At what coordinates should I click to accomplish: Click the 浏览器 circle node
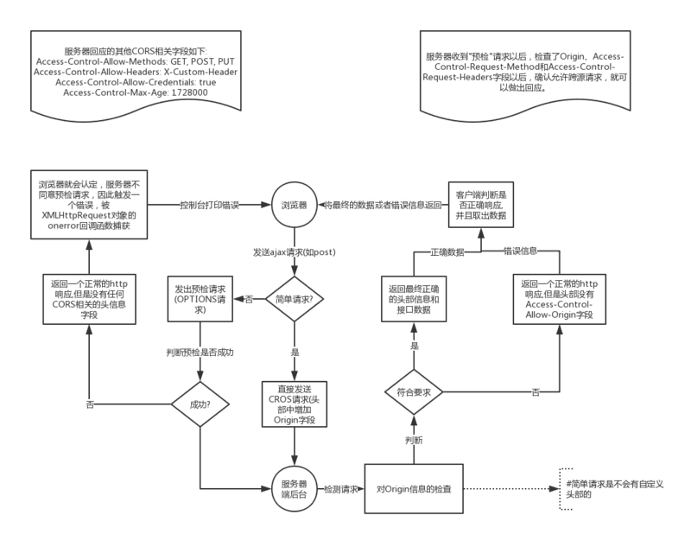pyautogui.click(x=295, y=206)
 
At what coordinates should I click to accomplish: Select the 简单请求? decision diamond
pyautogui.click(x=295, y=299)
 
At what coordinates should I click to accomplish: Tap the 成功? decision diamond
pyautogui.click(x=200, y=404)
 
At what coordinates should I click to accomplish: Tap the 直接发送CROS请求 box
pyautogui.click(x=295, y=404)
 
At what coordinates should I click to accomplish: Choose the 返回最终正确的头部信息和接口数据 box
pyautogui.click(x=414, y=298)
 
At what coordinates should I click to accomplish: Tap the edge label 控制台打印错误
pyautogui.click(x=208, y=206)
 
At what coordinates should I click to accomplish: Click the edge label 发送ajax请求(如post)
pyautogui.click(x=295, y=252)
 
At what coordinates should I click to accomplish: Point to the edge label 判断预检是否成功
pyautogui.click(x=200, y=353)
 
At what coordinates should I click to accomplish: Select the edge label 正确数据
pyautogui.click(x=447, y=251)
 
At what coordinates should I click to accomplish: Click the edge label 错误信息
pyautogui.click(x=521, y=251)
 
